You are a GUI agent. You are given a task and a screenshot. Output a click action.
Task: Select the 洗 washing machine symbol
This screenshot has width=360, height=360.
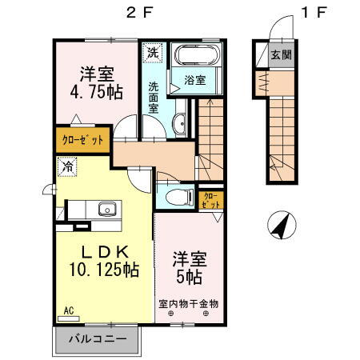pos(153,54)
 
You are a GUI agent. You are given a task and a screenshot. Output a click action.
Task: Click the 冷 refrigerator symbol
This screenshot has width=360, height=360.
pos(67,169)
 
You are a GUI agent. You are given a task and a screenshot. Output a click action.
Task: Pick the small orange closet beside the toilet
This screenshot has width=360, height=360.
pos(210,199)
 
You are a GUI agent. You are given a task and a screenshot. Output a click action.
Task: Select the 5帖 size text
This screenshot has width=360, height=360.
pos(189,277)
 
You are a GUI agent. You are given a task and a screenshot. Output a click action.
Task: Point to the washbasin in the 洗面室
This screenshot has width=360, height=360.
pos(180,123)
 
